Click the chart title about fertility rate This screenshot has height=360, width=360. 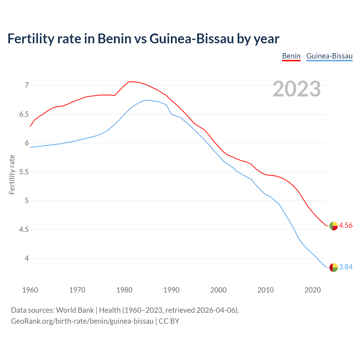tap(143, 39)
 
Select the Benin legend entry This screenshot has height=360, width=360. tap(291, 56)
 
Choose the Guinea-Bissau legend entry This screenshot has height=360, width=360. tap(329, 56)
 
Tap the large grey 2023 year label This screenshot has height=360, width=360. tap(296, 89)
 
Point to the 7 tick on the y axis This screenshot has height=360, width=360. tap(27, 85)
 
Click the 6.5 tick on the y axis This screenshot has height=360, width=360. tap(24, 114)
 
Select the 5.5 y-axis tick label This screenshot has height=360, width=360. tap(24, 172)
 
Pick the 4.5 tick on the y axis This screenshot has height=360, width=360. tap(24, 229)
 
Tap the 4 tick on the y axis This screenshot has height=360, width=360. tap(27, 258)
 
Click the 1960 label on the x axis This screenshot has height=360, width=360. tap(30, 290)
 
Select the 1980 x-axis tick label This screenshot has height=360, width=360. tap(124, 290)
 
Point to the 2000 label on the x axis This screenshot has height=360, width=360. tap(218, 290)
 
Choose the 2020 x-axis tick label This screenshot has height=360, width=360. tap(312, 290)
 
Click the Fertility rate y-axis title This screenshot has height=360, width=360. tap(12, 174)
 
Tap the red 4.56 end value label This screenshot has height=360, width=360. tap(346, 226)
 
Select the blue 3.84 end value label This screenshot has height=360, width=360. tap(346, 267)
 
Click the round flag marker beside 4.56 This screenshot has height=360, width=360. tap(334, 226)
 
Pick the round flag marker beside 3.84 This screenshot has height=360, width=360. tap(334, 267)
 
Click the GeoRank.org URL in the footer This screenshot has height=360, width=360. tap(82, 321)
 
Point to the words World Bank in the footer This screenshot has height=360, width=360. tap(75, 310)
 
